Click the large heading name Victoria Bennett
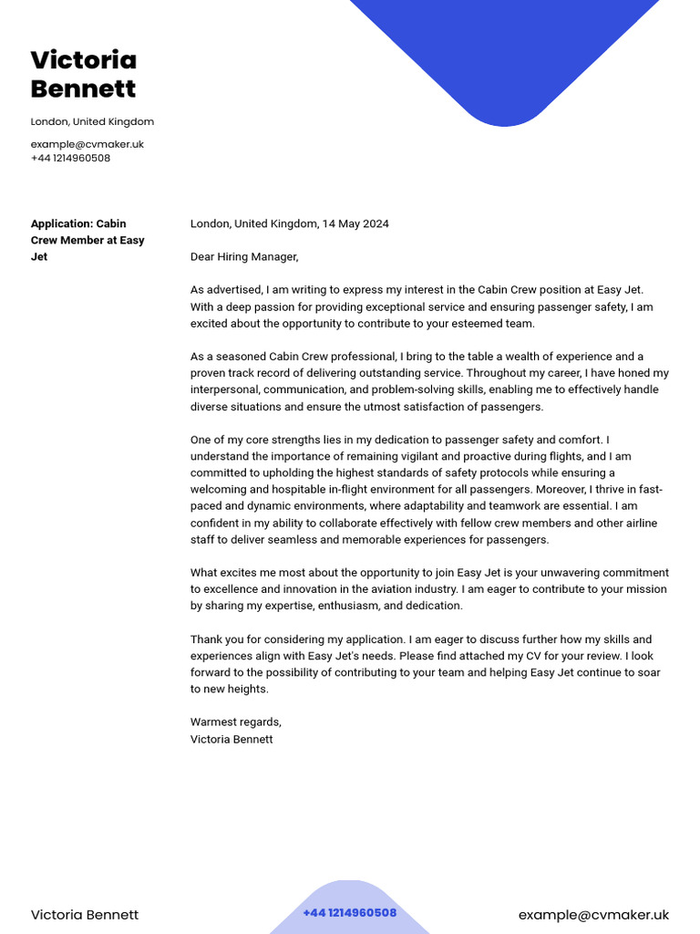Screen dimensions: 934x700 [84, 75]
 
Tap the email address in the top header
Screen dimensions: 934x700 [87, 144]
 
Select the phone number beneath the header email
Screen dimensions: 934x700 [70, 158]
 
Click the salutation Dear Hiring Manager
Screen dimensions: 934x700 [244, 257]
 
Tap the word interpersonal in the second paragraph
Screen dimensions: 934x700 [224, 389]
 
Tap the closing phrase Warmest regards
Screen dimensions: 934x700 [236, 722]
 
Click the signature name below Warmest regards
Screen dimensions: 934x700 [232, 739]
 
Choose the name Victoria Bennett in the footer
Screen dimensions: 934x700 [85, 915]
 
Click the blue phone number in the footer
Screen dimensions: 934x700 [349, 913]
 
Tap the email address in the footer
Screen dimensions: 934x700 [593, 915]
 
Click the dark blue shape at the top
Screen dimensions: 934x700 [504, 55]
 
